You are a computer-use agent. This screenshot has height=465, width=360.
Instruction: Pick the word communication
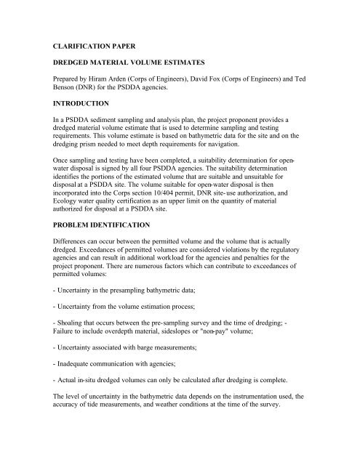point(124,397)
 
